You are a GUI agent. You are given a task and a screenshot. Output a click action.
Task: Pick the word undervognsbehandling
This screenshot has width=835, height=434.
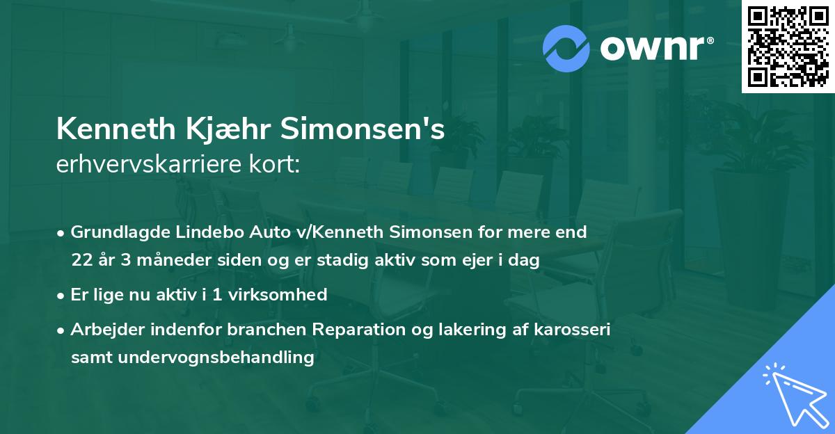217,358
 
